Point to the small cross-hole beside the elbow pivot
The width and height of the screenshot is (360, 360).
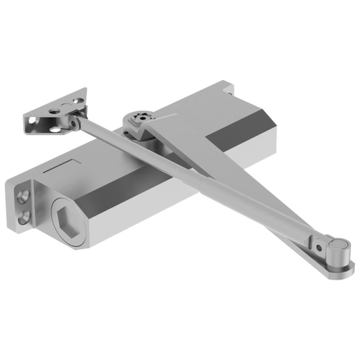[319, 247]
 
